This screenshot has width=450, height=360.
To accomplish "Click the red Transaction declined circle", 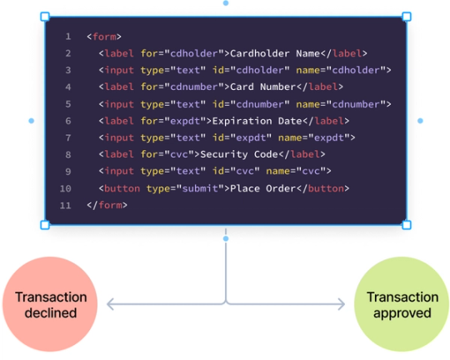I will click(x=51, y=305).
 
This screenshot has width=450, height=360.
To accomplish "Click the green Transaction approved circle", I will click(x=402, y=305).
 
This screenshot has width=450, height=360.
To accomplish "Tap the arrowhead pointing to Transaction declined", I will click(x=109, y=305).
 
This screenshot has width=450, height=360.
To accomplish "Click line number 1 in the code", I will click(x=67, y=37).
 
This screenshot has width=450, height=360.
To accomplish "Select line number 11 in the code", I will click(x=67, y=205).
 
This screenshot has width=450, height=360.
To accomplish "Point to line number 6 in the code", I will click(x=67, y=121).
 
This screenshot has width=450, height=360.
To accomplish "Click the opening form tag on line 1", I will click(x=104, y=37).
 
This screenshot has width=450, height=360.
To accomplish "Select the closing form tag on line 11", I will click(x=107, y=205).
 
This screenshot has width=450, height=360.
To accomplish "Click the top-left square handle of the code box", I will click(x=45, y=17).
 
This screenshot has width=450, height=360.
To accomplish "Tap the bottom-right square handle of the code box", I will click(x=407, y=225).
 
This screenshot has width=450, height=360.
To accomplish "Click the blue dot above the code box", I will click(x=225, y=3).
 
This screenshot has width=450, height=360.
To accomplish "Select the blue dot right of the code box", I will click(x=420, y=121).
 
